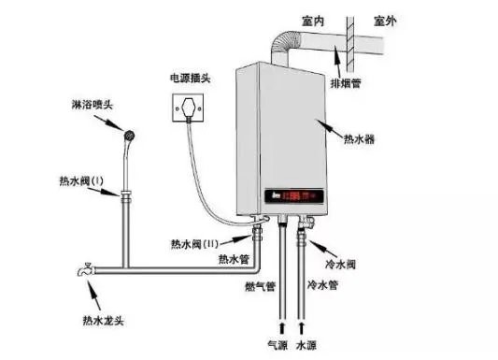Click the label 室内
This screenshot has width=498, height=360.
(314, 20)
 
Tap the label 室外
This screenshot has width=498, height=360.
(386, 20)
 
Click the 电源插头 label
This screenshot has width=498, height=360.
(189, 76)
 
